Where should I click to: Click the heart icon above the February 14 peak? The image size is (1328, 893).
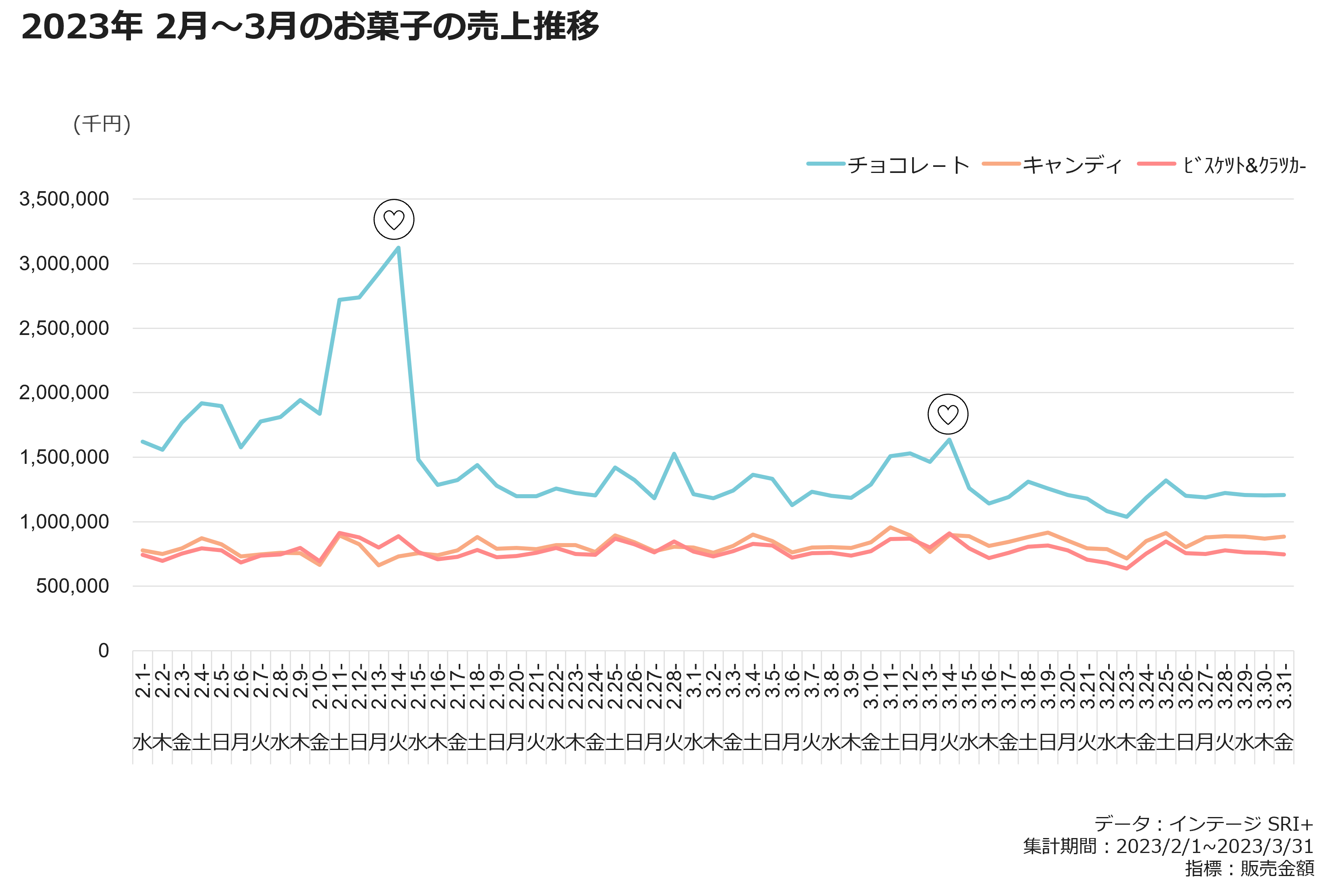394,220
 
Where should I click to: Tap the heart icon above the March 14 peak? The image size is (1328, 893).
948,414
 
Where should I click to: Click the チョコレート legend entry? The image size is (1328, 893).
888,165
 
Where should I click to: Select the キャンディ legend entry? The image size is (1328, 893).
1052,165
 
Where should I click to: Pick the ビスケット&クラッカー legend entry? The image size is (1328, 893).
1221,165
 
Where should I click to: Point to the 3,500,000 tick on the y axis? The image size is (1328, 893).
64,199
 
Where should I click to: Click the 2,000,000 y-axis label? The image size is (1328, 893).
64,392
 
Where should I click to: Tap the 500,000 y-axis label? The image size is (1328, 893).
72,586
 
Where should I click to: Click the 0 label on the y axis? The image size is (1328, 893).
103,651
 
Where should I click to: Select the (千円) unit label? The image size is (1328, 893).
102,124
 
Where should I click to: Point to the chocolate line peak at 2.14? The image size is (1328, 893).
398,247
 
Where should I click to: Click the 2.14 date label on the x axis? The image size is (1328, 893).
398,686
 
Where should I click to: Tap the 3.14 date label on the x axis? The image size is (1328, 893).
949,686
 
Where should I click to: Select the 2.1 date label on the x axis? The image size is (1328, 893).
143,680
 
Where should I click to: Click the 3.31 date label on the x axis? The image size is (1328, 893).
1284,686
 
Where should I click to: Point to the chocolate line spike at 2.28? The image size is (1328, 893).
674,454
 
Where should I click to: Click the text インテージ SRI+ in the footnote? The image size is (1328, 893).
1241,823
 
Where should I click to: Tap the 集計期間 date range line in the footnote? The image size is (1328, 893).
1168,846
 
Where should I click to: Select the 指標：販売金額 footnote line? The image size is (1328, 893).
1250,868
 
